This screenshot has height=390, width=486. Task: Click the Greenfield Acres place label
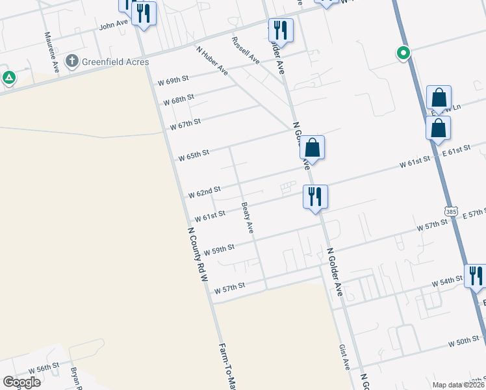pos(116,62)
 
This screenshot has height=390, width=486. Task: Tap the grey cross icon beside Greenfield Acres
pos(73,62)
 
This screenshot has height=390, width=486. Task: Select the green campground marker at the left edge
pos(8,79)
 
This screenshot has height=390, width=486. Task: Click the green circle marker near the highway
pos(403,53)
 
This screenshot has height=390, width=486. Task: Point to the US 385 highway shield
pos(452,211)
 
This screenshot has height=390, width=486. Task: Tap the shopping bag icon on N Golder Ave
pos(313,148)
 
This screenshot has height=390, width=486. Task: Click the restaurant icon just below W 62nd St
pos(316,196)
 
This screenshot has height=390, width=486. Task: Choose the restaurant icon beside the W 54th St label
pos(476,276)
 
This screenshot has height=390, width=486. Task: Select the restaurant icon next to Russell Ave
pos(281,30)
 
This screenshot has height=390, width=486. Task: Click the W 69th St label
pos(173,81)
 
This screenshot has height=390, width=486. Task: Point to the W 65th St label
pos(194,155)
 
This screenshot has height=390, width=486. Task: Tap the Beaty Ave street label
pos(247,218)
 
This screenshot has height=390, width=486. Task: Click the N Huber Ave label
pos(212,60)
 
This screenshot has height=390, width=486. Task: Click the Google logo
pos(21,382)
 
